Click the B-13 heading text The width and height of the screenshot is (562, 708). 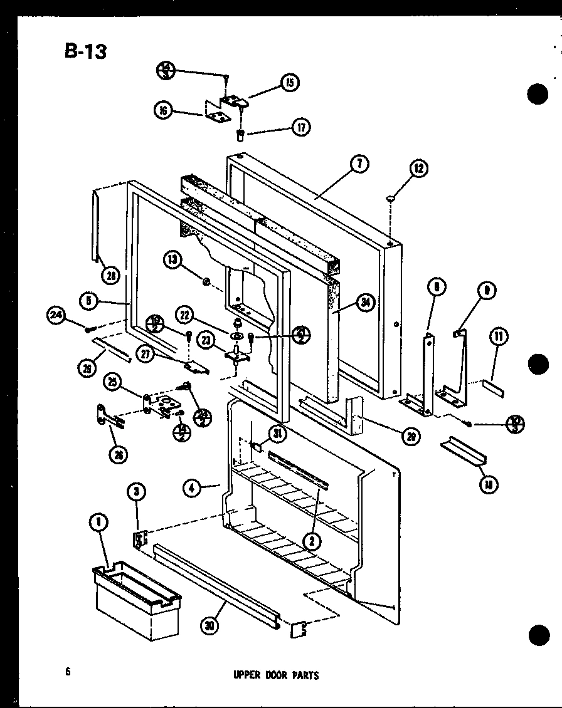click(x=85, y=51)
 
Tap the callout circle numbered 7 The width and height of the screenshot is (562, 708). click(x=359, y=164)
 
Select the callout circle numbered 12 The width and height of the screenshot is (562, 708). click(x=419, y=168)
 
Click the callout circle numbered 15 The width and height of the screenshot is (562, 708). click(x=289, y=82)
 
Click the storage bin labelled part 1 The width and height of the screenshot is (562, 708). click(x=136, y=598)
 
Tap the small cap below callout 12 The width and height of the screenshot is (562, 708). click(x=391, y=199)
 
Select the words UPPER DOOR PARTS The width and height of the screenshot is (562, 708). click(x=277, y=675)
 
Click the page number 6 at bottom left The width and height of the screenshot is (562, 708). click(x=66, y=672)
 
